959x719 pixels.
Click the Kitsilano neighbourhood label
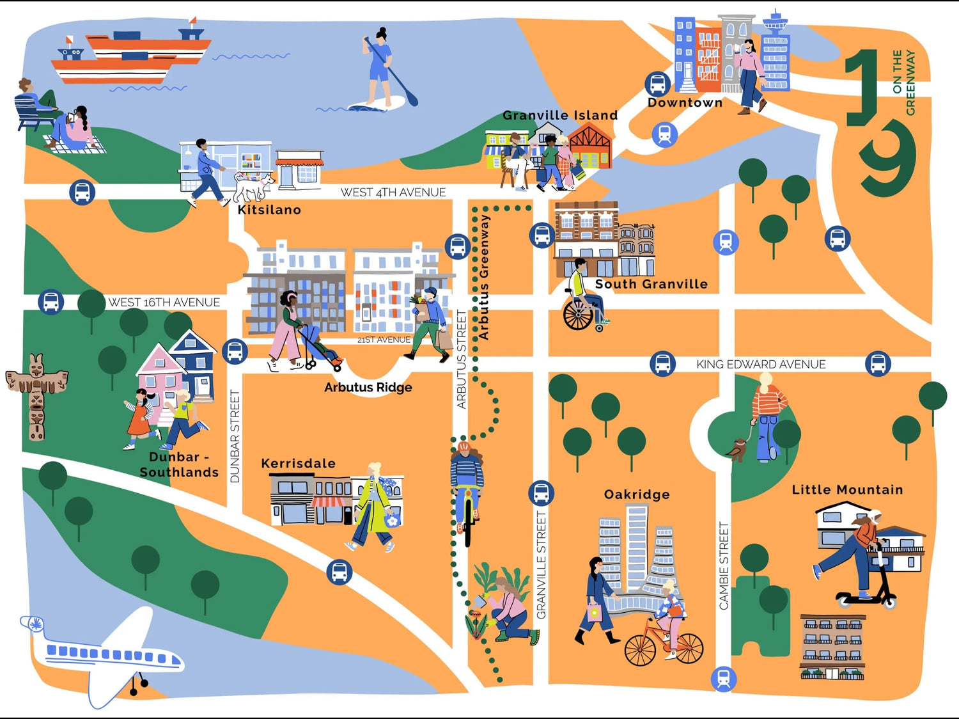pos(269,210)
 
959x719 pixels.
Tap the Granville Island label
pos(560,116)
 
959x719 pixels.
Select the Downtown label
pos(685,103)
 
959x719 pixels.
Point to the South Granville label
pos(651,284)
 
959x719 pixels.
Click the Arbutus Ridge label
pos(368,387)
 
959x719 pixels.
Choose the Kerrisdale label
pos(298,463)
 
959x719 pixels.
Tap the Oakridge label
pos(637,494)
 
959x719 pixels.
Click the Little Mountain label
pos(847,490)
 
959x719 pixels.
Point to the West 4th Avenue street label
pos(393,192)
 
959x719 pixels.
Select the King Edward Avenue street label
pos(761,364)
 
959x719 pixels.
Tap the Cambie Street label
pos(724,565)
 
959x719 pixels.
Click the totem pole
pos(36,397)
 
